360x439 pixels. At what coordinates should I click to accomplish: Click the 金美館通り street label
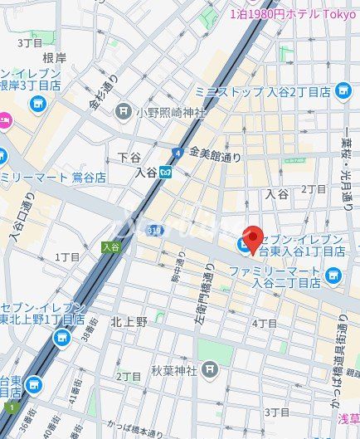215,154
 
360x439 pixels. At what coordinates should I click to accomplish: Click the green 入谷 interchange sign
110,246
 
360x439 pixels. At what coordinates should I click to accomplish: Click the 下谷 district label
129,157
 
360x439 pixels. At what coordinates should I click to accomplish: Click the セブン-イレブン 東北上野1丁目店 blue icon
61,338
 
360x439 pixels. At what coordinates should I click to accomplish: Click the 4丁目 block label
265,323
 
